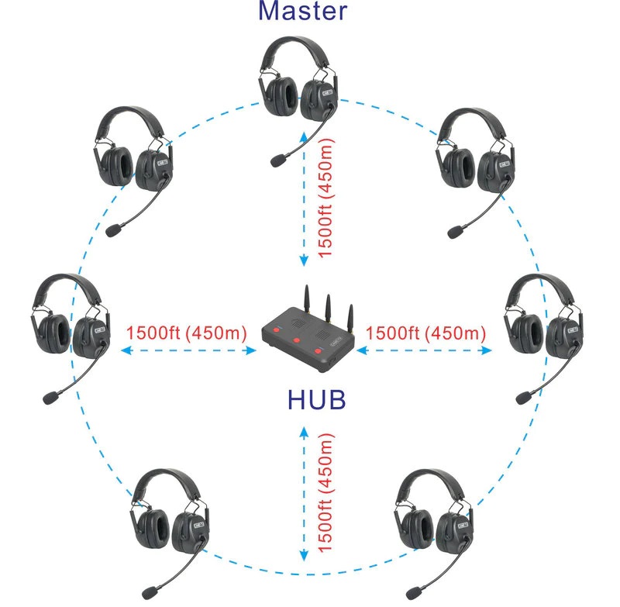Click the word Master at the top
pos(303,11)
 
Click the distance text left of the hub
pos(186,334)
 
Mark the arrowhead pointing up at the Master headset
pos(304,136)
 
